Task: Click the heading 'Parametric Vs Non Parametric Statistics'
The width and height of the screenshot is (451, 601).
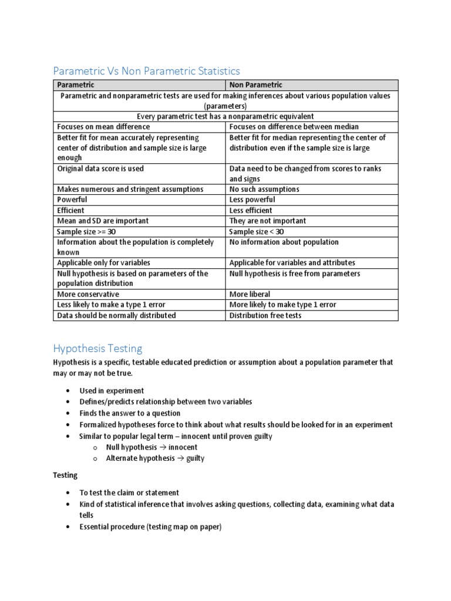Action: (146, 71)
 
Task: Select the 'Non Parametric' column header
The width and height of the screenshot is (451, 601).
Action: (255, 85)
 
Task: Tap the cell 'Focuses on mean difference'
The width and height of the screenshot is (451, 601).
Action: (103, 127)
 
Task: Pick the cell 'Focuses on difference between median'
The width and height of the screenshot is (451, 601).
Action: (294, 127)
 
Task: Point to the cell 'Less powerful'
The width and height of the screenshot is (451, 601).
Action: (252, 200)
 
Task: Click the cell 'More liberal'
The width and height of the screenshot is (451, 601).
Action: (250, 294)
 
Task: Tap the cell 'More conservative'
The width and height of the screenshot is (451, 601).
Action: (87, 294)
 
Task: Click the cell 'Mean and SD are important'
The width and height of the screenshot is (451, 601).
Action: (102, 221)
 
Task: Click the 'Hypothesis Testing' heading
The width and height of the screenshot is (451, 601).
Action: (97, 349)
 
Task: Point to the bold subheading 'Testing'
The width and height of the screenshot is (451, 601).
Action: (65, 475)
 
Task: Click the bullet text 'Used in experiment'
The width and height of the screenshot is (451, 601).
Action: (112, 391)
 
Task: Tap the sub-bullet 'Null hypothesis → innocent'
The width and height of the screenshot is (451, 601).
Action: (152, 447)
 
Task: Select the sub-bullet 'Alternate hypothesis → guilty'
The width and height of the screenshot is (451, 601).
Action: (155, 458)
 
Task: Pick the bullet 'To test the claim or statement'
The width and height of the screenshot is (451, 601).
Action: (129, 493)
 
